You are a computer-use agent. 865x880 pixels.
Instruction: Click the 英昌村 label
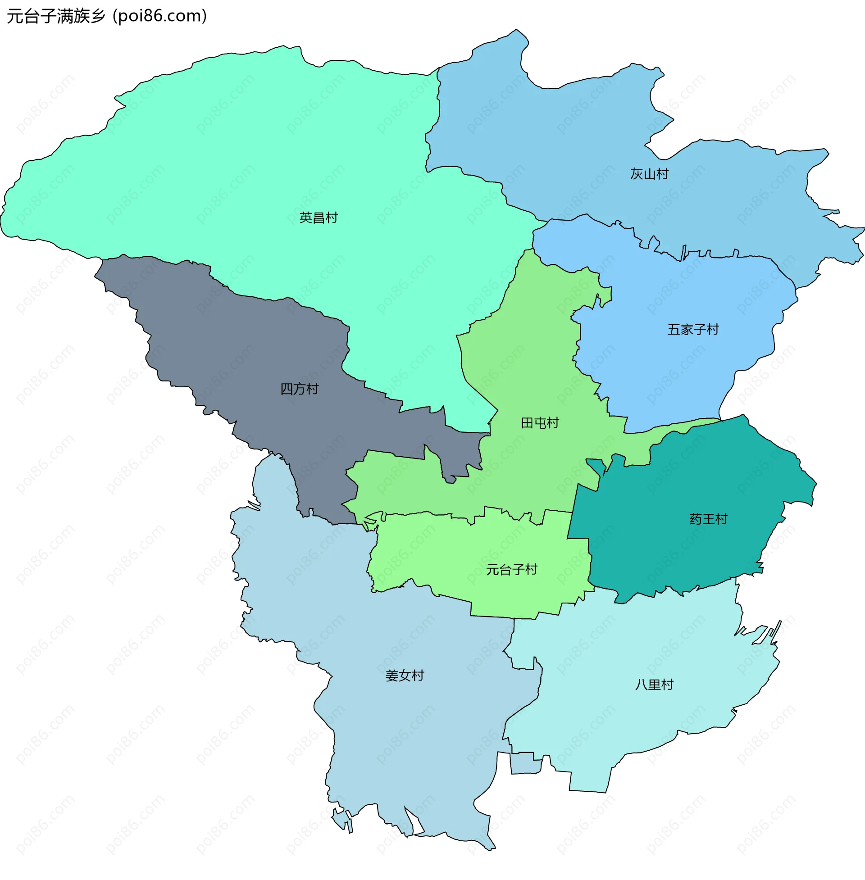319,218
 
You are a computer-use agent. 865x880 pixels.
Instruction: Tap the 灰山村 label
649,174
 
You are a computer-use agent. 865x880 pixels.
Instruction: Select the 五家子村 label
693,330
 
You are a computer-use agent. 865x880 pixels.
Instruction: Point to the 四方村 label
300,389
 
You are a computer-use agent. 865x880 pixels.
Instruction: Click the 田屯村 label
540,423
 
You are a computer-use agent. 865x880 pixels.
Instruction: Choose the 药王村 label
708,519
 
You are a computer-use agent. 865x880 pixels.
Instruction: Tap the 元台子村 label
511,570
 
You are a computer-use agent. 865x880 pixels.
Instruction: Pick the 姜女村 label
404,676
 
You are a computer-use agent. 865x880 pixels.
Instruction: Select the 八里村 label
654,685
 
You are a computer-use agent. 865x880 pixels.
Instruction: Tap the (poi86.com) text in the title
160,16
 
